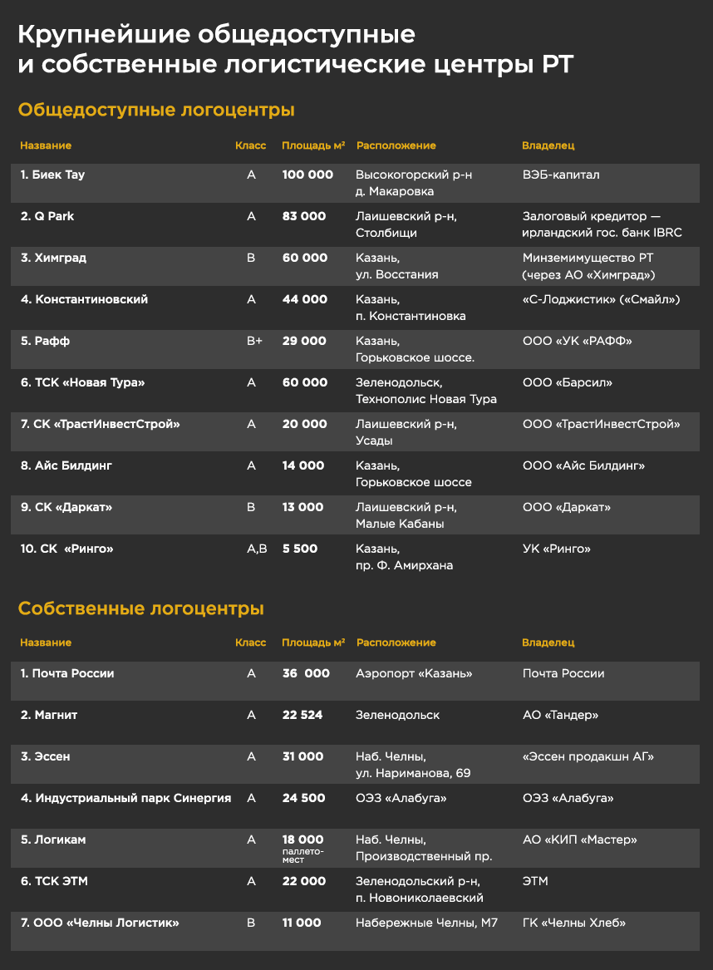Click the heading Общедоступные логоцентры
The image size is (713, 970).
point(157,110)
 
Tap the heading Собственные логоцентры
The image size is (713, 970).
point(141,608)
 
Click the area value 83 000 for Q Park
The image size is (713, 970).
point(304,216)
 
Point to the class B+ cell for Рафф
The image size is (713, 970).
point(253,341)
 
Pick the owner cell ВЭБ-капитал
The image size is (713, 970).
point(561,175)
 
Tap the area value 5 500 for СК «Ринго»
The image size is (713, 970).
point(299,549)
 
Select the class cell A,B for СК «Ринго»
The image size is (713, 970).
point(255,549)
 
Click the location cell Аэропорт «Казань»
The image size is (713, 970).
point(414,673)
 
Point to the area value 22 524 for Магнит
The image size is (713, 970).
point(302,715)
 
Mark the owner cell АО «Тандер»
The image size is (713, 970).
point(560,715)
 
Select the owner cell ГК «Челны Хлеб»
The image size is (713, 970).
point(573,923)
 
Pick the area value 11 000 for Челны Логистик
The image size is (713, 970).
point(302,923)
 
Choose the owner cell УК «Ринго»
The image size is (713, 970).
point(557,549)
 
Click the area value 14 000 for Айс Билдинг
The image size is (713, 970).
point(303,465)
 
